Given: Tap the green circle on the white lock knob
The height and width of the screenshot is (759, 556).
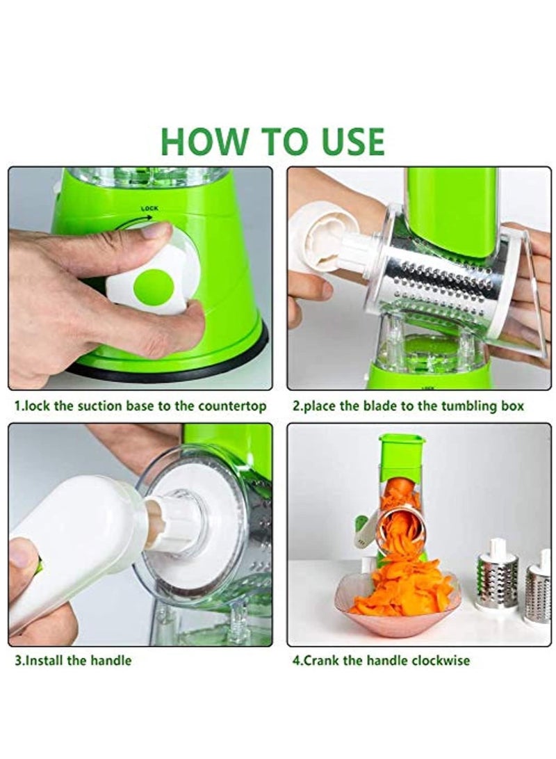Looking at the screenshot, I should pyautogui.click(x=153, y=287).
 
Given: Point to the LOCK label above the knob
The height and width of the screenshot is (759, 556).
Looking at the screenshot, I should pyautogui.click(x=149, y=208).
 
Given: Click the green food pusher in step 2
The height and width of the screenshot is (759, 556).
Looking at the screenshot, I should pyautogui.click(x=452, y=209).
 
